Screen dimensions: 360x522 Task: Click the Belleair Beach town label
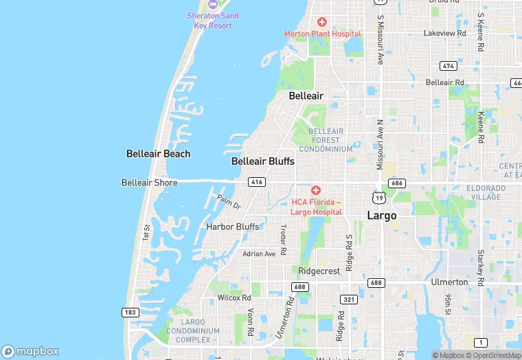click(x=158, y=154)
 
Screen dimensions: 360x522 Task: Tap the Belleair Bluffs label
click(x=262, y=161)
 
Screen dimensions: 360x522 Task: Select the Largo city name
click(x=382, y=216)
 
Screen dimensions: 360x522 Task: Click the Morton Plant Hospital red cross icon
click(x=321, y=23)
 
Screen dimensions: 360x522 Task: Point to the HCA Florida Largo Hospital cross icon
click(x=316, y=190)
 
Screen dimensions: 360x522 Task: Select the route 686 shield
click(x=396, y=183)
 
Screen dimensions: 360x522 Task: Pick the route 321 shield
click(x=348, y=299)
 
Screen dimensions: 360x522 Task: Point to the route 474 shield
click(x=449, y=66)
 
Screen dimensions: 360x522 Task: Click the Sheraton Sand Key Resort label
click(x=213, y=21)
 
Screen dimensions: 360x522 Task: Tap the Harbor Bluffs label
click(x=233, y=227)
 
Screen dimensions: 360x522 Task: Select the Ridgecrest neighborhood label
click(x=319, y=271)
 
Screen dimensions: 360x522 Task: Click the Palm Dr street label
click(x=229, y=202)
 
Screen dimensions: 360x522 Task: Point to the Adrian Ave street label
click(x=259, y=254)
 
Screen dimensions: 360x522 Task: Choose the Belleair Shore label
click(x=149, y=183)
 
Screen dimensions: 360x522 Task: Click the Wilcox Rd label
click(x=234, y=298)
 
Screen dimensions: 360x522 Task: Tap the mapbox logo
click(x=30, y=351)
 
